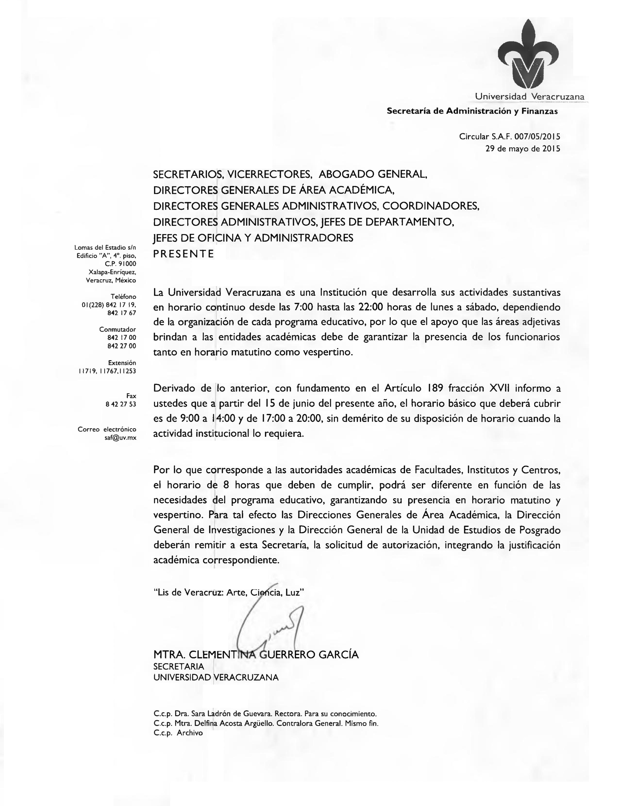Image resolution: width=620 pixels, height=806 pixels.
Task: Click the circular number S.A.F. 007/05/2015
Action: (526, 137)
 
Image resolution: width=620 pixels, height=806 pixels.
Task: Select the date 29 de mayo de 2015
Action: (523, 149)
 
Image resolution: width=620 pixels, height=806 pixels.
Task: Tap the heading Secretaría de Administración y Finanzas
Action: (472, 111)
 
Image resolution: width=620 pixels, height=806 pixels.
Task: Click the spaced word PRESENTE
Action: (183, 254)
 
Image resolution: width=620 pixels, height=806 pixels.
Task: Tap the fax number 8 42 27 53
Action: (121, 404)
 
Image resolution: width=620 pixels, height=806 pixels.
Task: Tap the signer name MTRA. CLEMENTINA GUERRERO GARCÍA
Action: (256, 655)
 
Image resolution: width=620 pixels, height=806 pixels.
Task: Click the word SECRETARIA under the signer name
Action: (178, 667)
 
